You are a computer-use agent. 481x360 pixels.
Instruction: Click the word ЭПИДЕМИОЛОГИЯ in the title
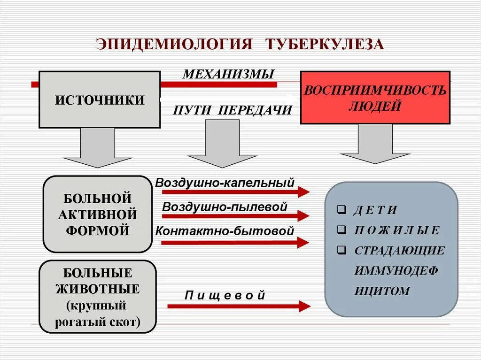coord(175,44)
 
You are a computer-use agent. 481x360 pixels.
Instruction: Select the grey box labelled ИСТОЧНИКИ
coord(100,100)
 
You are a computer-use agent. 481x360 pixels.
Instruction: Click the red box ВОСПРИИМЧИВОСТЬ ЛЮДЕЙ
coord(375,98)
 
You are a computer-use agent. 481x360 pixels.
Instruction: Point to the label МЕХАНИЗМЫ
coord(228,74)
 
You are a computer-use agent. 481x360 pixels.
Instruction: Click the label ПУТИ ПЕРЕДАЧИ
coord(233,110)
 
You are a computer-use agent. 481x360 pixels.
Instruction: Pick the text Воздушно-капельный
coord(225,182)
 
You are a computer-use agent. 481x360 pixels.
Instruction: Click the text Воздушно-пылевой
coord(225,207)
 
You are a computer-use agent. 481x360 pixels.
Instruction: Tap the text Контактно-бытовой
coord(225,231)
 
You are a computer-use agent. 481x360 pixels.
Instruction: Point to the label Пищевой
coord(225,295)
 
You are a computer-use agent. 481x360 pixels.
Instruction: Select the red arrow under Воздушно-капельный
coord(235,191)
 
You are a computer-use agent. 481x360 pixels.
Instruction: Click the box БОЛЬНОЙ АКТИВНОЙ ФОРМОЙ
coord(98,214)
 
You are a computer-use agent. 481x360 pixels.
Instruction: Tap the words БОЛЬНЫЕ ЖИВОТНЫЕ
coord(98,281)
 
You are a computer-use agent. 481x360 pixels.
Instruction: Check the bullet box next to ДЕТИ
coord(341,210)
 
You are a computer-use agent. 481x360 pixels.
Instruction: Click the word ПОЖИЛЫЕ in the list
coord(397,230)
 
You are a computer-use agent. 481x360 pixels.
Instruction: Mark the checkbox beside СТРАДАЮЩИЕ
coord(341,250)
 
